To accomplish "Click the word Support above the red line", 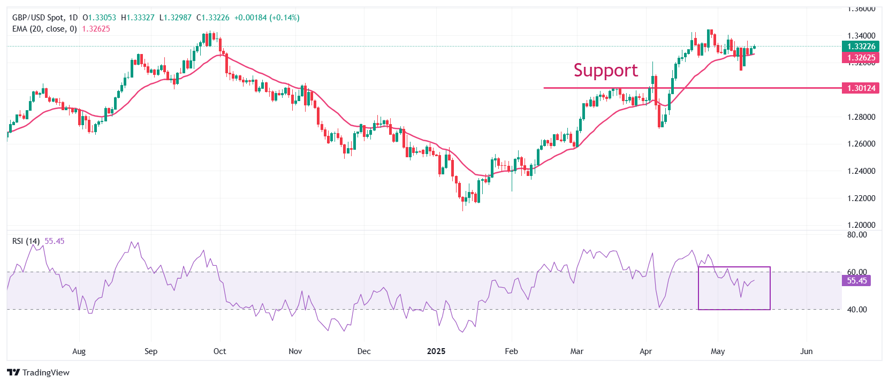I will (605, 71).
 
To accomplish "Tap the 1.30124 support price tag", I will (861, 88).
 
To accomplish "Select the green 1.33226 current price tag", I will (861, 47).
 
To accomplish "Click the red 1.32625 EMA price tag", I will (861, 58).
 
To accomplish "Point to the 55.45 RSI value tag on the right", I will (856, 281).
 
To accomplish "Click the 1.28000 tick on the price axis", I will (861, 117).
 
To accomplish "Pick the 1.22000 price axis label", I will (861, 198).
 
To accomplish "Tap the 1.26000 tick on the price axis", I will (861, 144).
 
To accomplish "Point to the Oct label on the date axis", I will (219, 351).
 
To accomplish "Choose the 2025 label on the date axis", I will (436, 351).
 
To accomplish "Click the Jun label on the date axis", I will (806, 351).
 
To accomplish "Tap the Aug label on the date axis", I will (79, 351).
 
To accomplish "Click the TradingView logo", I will (39, 372).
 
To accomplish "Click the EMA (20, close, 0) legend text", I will (44, 29).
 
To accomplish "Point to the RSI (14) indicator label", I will (26, 241).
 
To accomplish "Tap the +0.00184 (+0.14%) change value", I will (267, 18).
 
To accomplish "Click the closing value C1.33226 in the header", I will (212, 18).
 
